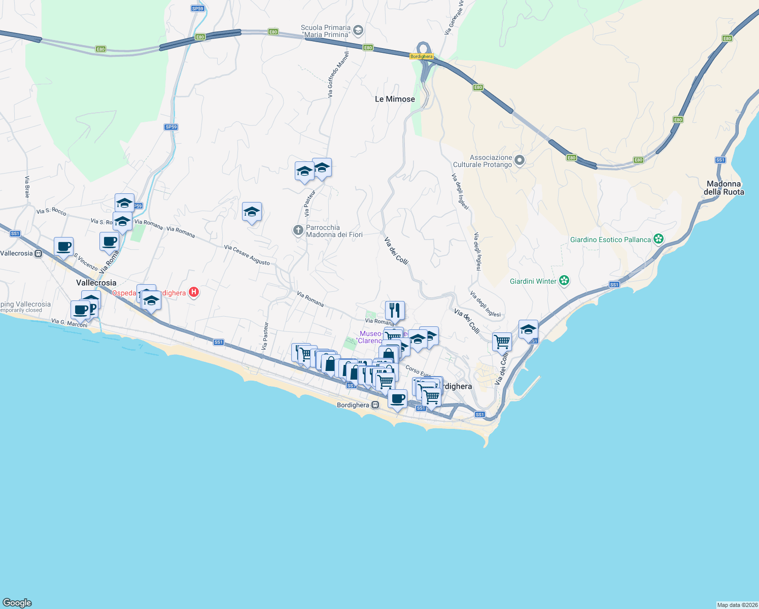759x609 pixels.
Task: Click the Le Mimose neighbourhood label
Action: click(x=395, y=99)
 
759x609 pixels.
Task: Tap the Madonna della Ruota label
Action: click(x=723, y=188)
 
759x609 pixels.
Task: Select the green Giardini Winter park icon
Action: click(x=564, y=281)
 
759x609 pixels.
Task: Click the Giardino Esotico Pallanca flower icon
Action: click(x=659, y=239)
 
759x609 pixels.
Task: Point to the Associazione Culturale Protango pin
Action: click(x=520, y=161)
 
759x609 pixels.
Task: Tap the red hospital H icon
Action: click(x=193, y=292)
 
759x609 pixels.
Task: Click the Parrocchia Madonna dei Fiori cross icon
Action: click(x=298, y=230)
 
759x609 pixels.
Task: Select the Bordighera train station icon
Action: click(x=375, y=405)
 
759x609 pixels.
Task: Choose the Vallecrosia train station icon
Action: click(x=39, y=253)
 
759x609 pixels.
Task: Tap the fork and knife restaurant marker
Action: click(x=395, y=310)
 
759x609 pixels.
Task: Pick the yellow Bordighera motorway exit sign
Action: click(x=422, y=56)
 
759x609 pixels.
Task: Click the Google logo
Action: click(x=17, y=603)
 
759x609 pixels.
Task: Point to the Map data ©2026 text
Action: click(x=737, y=605)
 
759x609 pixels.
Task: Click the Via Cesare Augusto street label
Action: click(x=247, y=255)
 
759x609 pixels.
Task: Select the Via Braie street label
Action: click(x=27, y=186)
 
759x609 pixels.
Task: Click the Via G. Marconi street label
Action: click(x=70, y=323)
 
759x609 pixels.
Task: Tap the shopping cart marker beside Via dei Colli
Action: click(x=502, y=342)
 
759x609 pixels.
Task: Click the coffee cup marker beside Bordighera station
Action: click(x=397, y=399)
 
